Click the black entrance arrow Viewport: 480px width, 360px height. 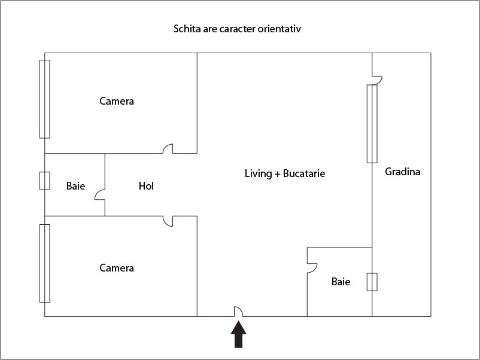238,334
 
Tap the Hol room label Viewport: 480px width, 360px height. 146,186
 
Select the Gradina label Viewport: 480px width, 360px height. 403,172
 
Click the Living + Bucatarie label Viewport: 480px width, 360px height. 285,173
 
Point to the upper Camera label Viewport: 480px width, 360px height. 117,101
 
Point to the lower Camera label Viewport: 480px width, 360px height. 117,268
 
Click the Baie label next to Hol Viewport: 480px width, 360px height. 75,186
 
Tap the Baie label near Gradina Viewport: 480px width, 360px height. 341,282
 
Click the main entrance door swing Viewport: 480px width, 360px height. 238,312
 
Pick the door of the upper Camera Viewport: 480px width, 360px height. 168,149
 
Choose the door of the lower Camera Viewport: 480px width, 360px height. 168,221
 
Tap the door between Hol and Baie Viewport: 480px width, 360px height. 100,195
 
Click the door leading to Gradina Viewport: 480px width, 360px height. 377,80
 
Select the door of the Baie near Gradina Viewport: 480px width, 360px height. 312,268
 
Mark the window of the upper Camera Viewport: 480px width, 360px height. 45,99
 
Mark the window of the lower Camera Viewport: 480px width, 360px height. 45,263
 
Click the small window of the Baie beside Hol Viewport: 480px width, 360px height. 45,181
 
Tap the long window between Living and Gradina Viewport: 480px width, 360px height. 372,124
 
